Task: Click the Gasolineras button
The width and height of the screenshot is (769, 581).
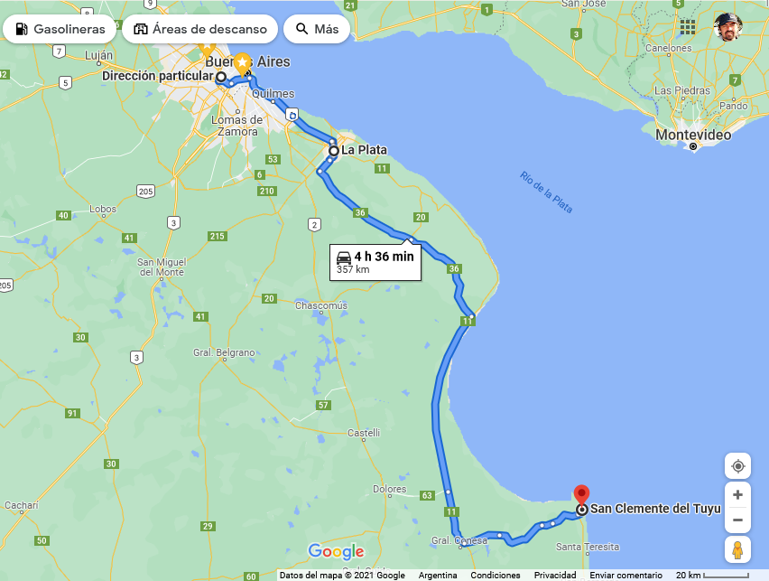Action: [x=60, y=29]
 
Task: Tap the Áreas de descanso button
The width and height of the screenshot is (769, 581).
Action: [x=199, y=29]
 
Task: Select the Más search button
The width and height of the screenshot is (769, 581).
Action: [x=316, y=29]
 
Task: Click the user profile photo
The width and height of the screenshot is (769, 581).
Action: [x=727, y=27]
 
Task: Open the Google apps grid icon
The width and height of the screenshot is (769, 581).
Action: [x=688, y=27]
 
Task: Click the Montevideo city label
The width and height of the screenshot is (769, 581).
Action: [x=692, y=134]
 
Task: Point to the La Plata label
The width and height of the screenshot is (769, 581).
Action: [x=364, y=150]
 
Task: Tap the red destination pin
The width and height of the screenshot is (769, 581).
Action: [x=582, y=494]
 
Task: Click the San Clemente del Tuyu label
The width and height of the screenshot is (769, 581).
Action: [x=655, y=509]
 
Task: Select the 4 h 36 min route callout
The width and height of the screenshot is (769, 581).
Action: [x=375, y=261]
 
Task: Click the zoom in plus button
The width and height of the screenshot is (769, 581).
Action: [x=737, y=495]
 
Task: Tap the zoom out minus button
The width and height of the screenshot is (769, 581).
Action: [x=737, y=520]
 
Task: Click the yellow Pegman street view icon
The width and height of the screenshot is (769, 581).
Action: [x=737, y=549]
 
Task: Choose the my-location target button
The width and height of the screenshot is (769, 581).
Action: [x=737, y=466]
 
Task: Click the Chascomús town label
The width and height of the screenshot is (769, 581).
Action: [x=321, y=305]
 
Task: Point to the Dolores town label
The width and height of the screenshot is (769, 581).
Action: [x=389, y=489]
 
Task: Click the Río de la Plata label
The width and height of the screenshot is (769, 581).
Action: [x=546, y=192]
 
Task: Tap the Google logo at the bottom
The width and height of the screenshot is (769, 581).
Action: [x=336, y=551]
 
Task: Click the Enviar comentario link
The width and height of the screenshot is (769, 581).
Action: [x=626, y=576]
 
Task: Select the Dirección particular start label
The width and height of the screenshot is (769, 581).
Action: [x=157, y=77]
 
